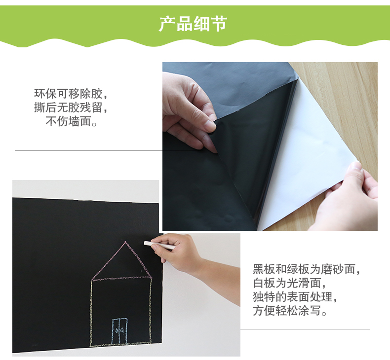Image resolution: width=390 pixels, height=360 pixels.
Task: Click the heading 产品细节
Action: (193, 24)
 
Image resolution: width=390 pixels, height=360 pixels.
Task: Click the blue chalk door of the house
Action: (119, 331)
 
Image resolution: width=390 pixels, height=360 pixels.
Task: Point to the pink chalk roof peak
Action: (125, 242)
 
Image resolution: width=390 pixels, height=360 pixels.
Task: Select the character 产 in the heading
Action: (167, 24)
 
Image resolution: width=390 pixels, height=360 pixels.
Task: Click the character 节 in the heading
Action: (219, 24)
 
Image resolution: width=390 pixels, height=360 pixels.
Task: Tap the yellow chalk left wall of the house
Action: (91, 313)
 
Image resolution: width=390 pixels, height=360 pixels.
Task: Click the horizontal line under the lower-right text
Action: (305, 329)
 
